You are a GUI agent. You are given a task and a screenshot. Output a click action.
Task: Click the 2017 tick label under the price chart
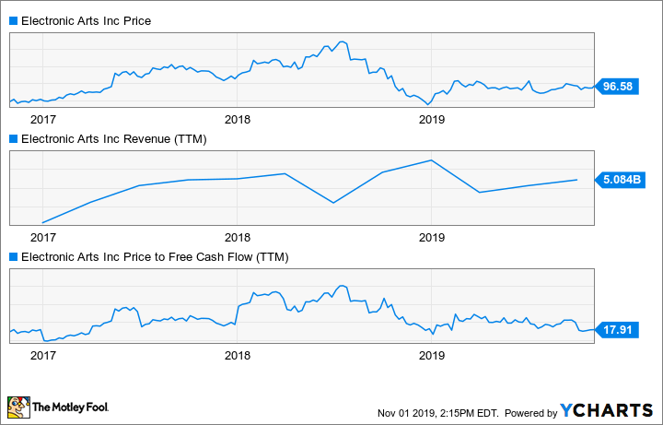coord(42,119)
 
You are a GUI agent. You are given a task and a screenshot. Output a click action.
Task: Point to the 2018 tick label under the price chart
coord(238,119)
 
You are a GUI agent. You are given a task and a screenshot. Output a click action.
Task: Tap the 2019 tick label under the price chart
coord(431,119)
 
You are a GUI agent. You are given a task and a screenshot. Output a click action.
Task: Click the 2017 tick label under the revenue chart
coord(42,236)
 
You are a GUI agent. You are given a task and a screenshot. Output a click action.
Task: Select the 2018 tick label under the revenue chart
coord(238,236)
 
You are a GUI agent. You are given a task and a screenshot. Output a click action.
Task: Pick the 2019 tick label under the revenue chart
coord(431,236)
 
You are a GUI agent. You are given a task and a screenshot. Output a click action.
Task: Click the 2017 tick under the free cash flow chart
coord(42,354)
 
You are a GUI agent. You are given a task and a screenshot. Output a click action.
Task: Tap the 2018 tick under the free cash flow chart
coord(238,354)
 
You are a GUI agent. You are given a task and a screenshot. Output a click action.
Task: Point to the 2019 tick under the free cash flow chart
coord(431,354)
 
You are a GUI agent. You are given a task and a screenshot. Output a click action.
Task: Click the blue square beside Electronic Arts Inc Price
coord(13,20)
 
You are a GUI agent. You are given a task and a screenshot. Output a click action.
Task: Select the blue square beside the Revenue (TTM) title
coord(13,139)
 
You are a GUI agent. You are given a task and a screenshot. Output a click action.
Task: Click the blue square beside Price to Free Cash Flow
coord(13,256)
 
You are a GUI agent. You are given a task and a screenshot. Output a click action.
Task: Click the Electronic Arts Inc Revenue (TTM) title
coord(113,139)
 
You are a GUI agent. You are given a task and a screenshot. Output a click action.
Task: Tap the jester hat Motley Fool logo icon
coord(17,407)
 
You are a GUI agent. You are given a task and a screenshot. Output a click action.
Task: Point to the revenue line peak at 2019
coord(431,160)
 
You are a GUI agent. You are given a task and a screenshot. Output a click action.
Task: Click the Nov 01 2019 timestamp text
coord(438,412)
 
